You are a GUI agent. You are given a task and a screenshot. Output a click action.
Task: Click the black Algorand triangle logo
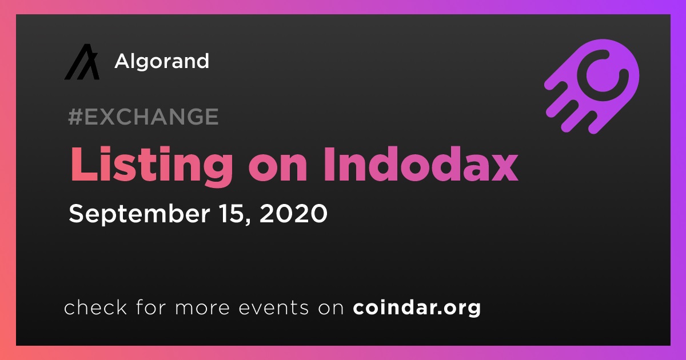[x=82, y=62]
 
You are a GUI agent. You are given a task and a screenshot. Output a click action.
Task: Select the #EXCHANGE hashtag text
[x=143, y=117]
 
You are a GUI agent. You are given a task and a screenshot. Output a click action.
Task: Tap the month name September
[x=139, y=215]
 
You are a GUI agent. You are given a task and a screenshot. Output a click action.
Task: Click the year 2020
[x=293, y=213]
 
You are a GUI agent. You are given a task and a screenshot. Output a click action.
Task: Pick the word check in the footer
[x=95, y=307]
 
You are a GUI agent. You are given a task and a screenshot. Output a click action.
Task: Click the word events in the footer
[x=274, y=307]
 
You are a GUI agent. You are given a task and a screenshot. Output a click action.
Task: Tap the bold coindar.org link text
[x=417, y=308]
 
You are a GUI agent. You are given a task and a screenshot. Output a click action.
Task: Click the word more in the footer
[x=202, y=308]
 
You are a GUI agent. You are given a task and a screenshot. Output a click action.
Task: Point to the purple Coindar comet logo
[x=592, y=87]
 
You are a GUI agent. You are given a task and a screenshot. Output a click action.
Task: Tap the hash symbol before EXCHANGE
[x=75, y=117]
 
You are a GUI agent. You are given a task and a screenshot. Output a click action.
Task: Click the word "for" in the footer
[x=151, y=307]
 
